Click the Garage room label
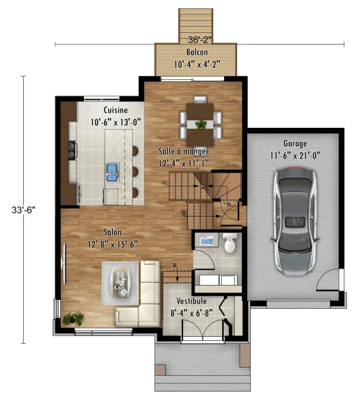[x=295, y=143]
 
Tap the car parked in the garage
[x=295, y=221]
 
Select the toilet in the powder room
[x=230, y=243]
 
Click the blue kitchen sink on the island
[x=113, y=173]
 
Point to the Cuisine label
[x=115, y=110]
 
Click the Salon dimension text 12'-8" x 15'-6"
[x=113, y=244]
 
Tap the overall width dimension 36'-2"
[x=199, y=40]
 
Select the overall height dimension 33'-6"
[x=23, y=210]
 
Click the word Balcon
[x=197, y=52]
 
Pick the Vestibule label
[x=192, y=301]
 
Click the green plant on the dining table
[x=201, y=124]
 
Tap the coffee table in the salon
[x=120, y=283]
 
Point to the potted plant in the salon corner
[x=74, y=318]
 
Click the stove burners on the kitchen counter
[x=72, y=150]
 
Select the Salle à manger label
[x=184, y=152]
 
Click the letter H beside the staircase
[x=164, y=182]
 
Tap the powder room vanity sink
[x=208, y=241]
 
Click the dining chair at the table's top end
[x=200, y=100]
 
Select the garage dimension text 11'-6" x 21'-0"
[x=295, y=156]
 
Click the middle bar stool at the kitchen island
[x=135, y=172]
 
